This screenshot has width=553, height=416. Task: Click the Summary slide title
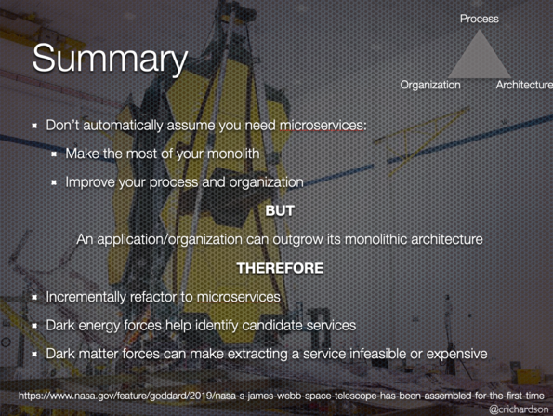click(110, 59)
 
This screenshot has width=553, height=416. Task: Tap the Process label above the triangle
click(480, 19)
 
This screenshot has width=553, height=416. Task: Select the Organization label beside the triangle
click(430, 85)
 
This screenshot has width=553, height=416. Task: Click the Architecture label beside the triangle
click(524, 85)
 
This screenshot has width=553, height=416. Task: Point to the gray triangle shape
click(480, 59)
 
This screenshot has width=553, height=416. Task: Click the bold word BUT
click(280, 210)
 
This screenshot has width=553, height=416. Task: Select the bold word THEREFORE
click(280, 268)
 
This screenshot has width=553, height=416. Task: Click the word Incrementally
click(86, 297)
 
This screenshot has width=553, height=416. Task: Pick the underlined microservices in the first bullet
click(323, 126)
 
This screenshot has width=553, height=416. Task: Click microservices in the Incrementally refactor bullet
click(239, 297)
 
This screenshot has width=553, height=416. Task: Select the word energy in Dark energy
click(99, 326)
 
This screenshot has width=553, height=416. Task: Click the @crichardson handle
click(519, 409)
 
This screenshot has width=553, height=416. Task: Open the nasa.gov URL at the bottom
click(281, 396)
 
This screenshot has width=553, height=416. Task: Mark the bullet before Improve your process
click(54, 182)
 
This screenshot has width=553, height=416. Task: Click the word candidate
click(272, 325)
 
